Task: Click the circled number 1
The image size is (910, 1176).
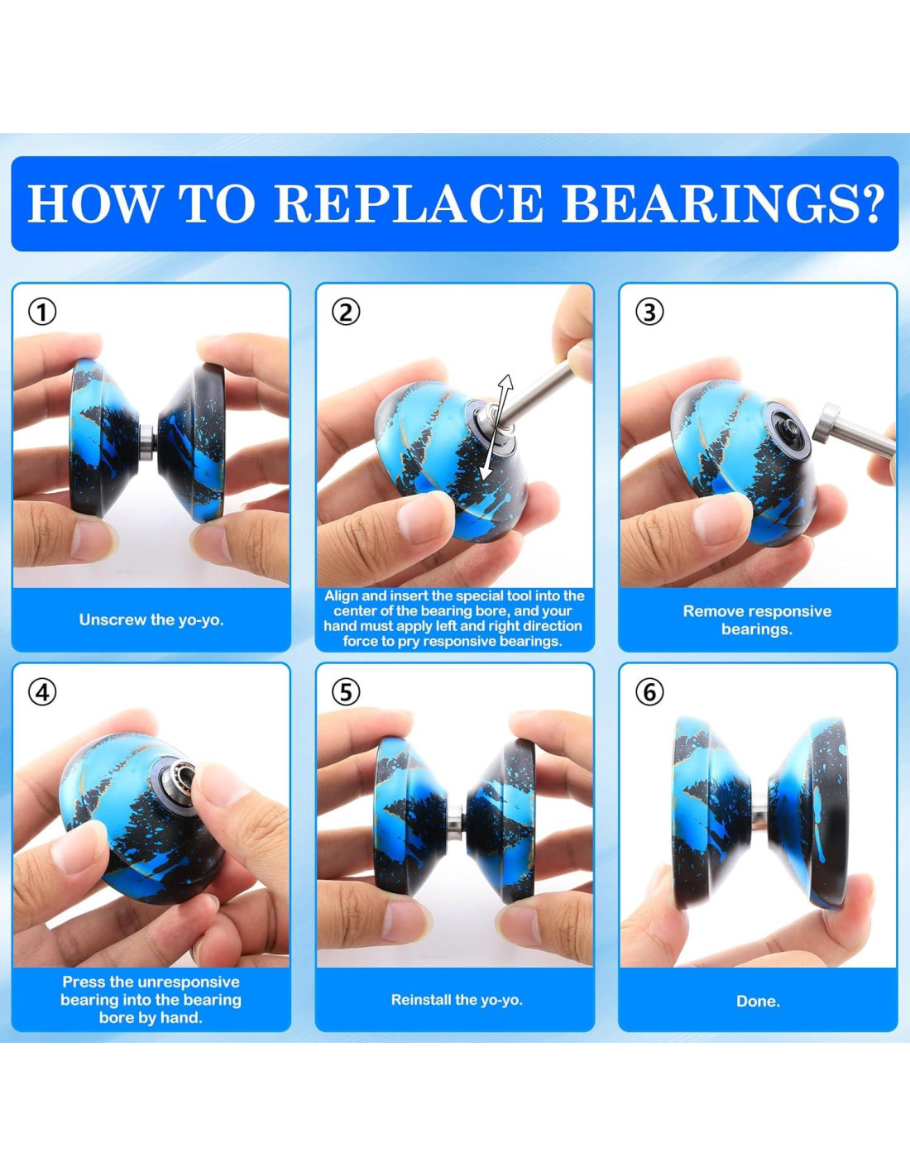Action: click(42, 313)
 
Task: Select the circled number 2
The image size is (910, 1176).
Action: click(346, 313)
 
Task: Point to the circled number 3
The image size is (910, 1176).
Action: click(649, 313)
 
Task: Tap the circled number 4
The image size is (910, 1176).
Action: click(42, 691)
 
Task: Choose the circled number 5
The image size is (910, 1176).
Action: click(346, 691)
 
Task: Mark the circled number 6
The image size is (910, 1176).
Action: click(649, 691)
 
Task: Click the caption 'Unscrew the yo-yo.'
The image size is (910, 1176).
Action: click(151, 619)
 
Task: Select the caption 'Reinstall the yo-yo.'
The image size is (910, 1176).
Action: click(457, 1000)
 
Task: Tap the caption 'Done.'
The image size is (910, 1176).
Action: click(758, 1002)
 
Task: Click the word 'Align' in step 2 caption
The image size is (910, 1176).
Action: click(341, 595)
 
